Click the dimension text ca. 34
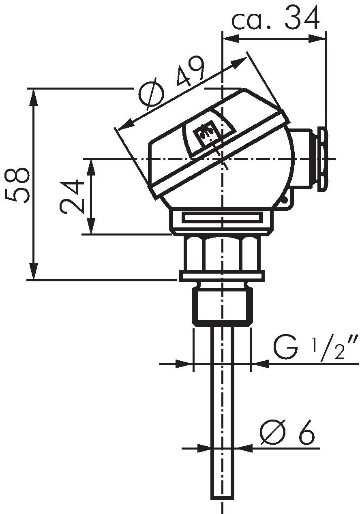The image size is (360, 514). pyautogui.click(x=275, y=18)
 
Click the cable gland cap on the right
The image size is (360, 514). pyautogui.click(x=323, y=159)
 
